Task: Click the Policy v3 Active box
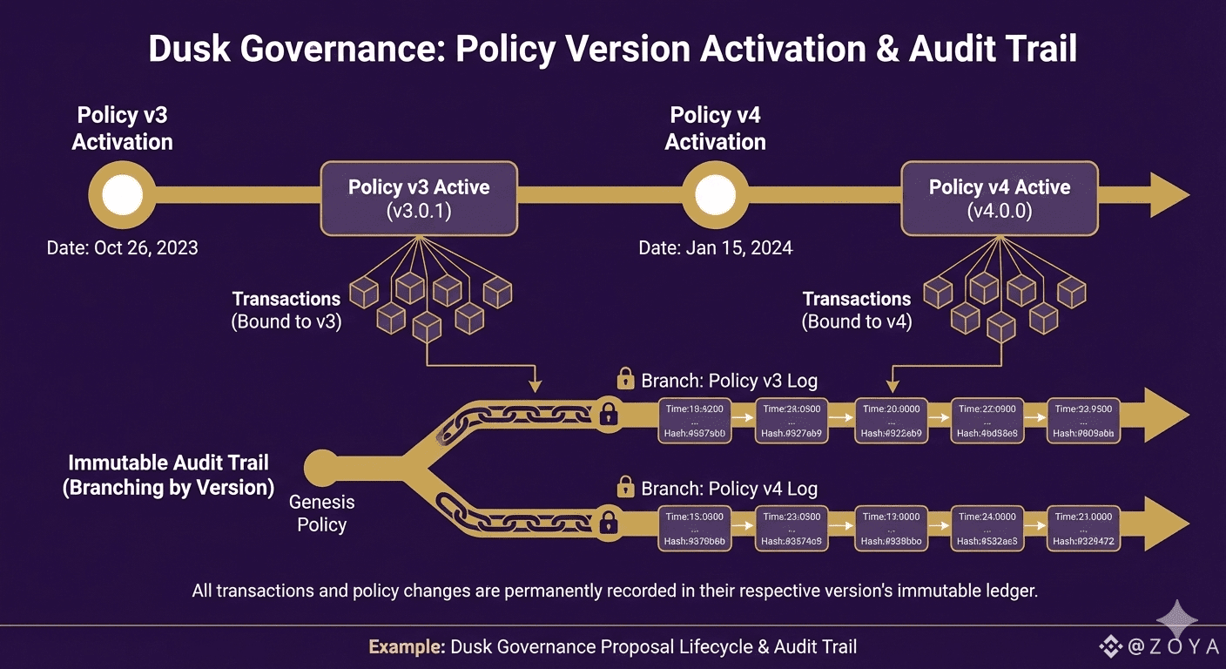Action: pyautogui.click(x=419, y=198)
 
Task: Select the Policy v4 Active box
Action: pyautogui.click(x=999, y=198)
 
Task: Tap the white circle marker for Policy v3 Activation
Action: pyautogui.click(x=122, y=197)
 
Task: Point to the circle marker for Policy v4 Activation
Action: pyautogui.click(x=715, y=197)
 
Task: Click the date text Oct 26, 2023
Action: pyautogui.click(x=122, y=248)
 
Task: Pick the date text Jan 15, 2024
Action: pyautogui.click(x=716, y=248)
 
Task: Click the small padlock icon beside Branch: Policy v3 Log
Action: pyautogui.click(x=625, y=379)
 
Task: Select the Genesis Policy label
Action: pyautogui.click(x=322, y=513)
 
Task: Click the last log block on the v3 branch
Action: pyautogui.click(x=1083, y=420)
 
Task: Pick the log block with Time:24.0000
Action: pyautogui.click(x=987, y=529)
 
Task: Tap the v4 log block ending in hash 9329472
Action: pyautogui.click(x=1083, y=529)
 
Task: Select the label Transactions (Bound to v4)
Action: pyautogui.click(x=857, y=310)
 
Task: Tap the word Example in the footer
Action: pyautogui.click(x=407, y=647)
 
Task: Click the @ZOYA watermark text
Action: pyautogui.click(x=1166, y=647)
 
